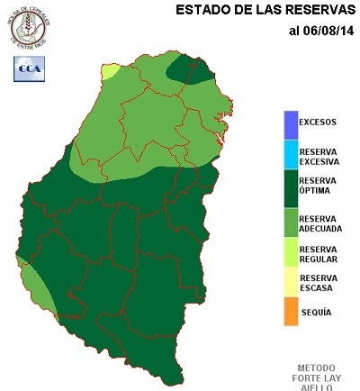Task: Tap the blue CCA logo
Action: pyautogui.click(x=27, y=68)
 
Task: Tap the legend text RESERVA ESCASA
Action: pyautogui.click(x=319, y=283)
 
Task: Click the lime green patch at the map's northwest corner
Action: pyautogui.click(x=110, y=71)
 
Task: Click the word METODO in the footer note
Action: pyautogui.click(x=316, y=368)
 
